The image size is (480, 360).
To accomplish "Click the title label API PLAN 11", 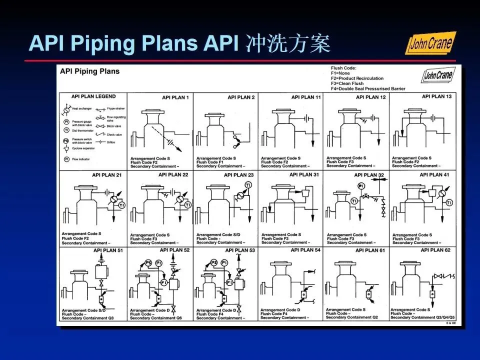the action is click(x=306, y=97).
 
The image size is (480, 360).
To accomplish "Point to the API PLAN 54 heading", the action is click(x=305, y=249).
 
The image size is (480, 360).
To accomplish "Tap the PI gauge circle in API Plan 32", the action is click(x=361, y=186).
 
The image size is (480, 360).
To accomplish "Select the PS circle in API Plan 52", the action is click(x=148, y=262).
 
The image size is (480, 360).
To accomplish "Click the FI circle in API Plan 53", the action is click(x=229, y=283).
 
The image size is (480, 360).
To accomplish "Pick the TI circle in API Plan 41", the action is click(x=449, y=202).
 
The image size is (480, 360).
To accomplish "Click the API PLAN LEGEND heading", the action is click(x=93, y=96).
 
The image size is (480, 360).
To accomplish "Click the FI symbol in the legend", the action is click(x=66, y=159).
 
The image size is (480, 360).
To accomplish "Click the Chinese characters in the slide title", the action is click(x=288, y=44).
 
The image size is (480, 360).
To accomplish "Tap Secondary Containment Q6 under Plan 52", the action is click(x=159, y=318).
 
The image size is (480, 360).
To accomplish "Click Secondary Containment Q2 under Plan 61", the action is click(x=351, y=317).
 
